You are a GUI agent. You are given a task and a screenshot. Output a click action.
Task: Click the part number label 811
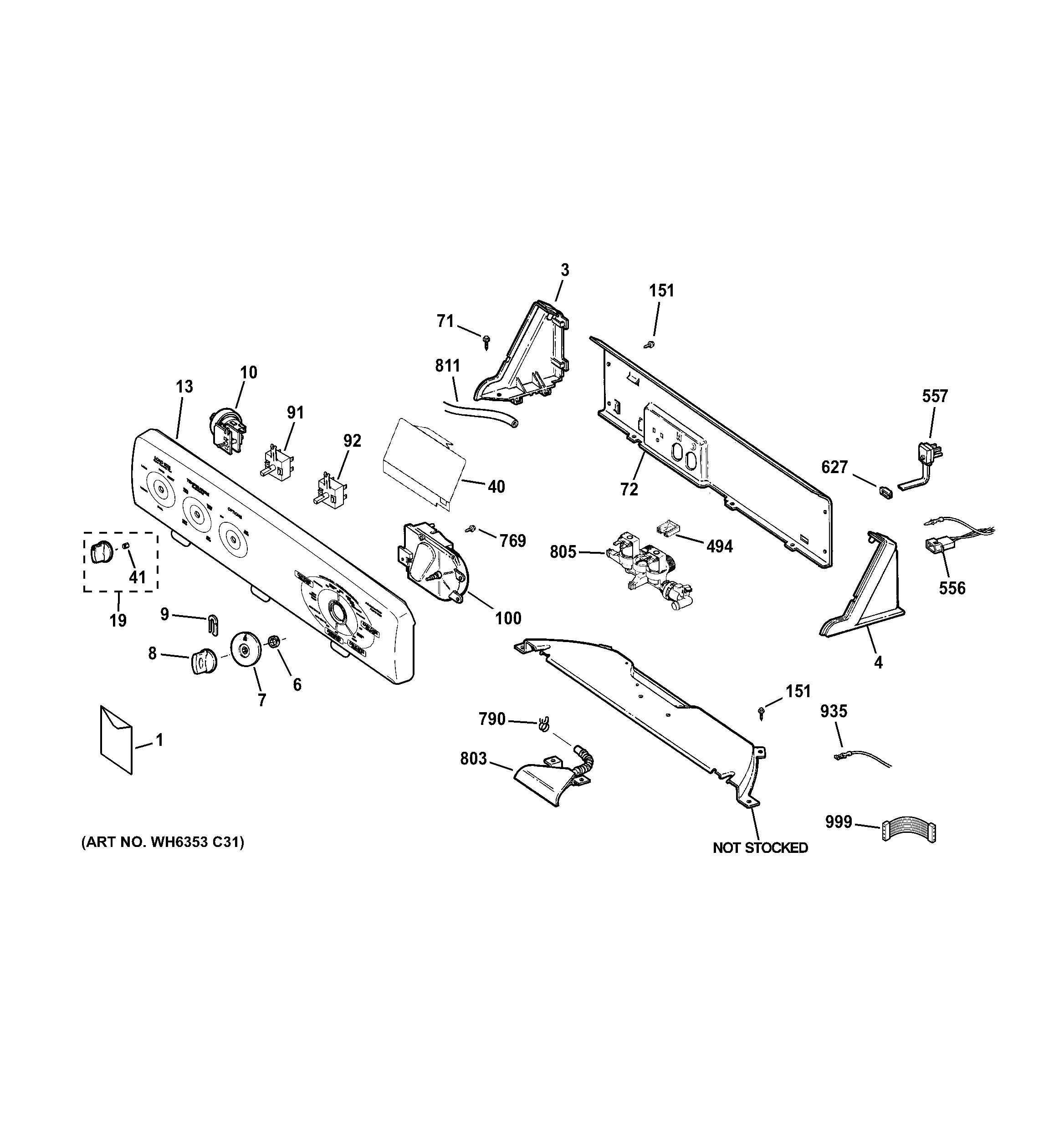(447, 366)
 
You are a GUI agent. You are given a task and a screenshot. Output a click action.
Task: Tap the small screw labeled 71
(486, 341)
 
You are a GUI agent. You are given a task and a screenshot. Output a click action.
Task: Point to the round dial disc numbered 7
(245, 648)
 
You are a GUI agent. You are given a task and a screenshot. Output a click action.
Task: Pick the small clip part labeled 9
(212, 622)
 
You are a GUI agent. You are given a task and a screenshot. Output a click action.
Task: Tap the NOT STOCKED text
(760, 847)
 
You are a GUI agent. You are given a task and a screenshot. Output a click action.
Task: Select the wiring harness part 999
(909, 832)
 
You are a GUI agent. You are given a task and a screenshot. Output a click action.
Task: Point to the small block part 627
(885, 491)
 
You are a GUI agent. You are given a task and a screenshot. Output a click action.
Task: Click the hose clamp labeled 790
(545, 724)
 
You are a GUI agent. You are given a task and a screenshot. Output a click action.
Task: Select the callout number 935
(834, 711)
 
